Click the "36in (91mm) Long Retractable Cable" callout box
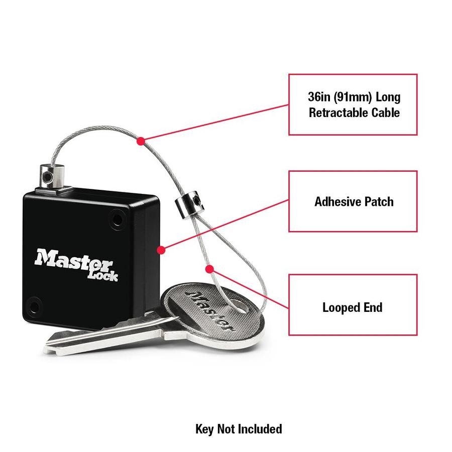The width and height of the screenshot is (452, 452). (x=353, y=104)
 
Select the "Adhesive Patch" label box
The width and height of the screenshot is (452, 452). (x=353, y=201)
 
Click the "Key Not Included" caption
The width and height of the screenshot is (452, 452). (x=239, y=429)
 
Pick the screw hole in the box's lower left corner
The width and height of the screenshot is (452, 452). (x=34, y=305)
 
